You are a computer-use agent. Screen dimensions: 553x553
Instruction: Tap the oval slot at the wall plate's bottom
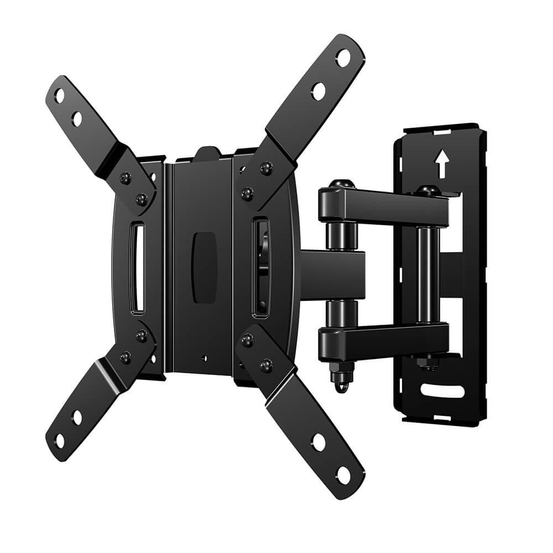point(442,391)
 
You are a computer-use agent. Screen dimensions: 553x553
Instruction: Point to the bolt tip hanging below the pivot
point(340,383)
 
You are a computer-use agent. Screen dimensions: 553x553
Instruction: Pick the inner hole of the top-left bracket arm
point(77,118)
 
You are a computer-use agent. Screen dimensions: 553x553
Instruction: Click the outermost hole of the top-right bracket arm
point(343,58)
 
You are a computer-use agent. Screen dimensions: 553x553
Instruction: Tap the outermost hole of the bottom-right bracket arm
point(343,474)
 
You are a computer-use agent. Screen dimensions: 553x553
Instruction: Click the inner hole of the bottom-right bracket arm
point(319,441)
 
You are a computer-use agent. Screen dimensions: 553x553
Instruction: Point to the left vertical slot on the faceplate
point(137,268)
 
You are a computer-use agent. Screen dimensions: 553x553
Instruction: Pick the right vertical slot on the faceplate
point(260,267)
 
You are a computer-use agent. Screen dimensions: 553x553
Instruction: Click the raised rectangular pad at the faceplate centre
point(204,268)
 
